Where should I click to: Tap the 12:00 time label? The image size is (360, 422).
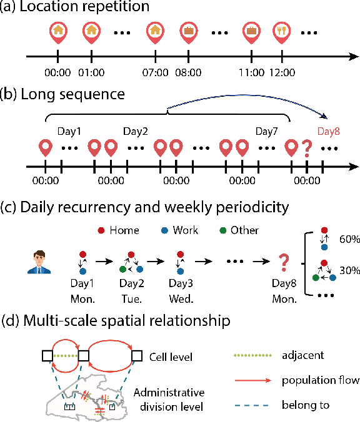pyautogui.click(x=282, y=72)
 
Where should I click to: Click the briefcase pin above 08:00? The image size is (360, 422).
pyautogui.click(x=187, y=32)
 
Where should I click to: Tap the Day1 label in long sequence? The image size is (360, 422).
pyautogui.click(x=69, y=132)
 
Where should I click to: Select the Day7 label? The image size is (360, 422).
pyautogui.click(x=267, y=132)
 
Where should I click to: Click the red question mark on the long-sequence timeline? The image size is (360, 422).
pyautogui.click(x=306, y=150)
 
